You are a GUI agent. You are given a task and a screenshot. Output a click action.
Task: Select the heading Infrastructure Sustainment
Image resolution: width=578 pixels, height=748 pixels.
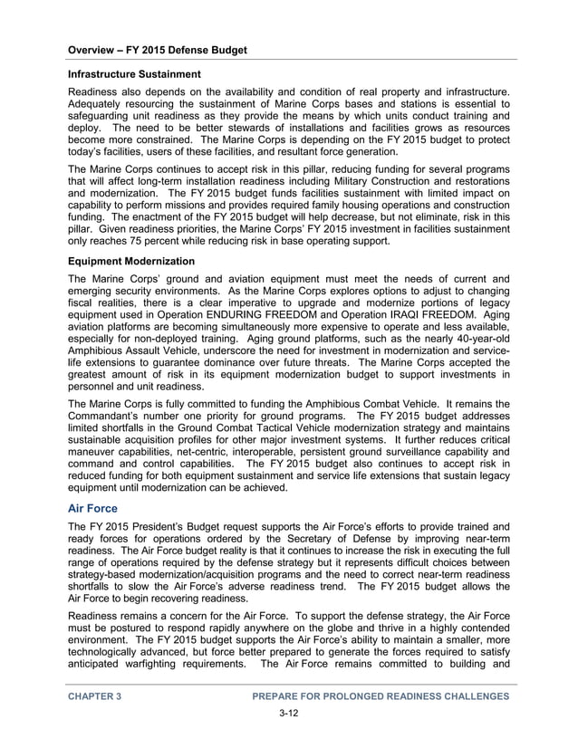pyautogui.click(x=134, y=73)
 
